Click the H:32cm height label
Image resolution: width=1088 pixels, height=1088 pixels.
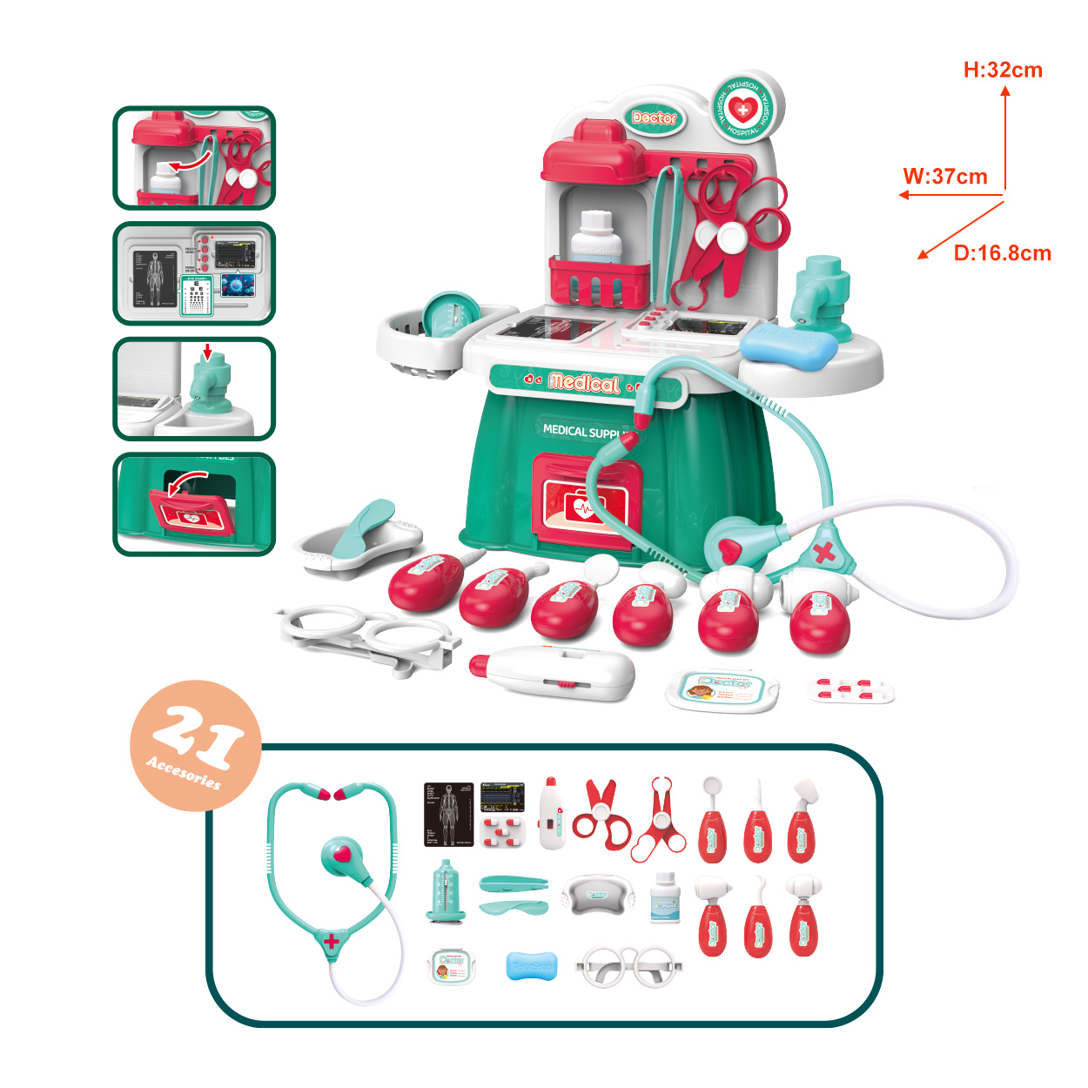tap(1003, 71)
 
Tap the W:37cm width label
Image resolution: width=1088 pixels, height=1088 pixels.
tap(945, 177)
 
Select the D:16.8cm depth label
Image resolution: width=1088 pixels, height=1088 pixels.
tap(1002, 253)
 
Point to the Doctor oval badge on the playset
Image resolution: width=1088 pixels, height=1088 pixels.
tap(654, 118)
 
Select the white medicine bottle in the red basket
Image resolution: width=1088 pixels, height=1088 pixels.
tap(596, 238)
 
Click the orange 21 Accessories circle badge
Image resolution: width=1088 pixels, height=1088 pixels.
tap(195, 745)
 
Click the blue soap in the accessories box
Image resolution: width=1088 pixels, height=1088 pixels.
tap(531, 966)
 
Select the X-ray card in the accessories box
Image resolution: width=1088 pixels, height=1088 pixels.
tap(449, 814)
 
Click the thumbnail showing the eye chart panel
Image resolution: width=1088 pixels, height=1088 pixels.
tap(194, 273)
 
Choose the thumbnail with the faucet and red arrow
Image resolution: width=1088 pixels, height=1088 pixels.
tap(194, 389)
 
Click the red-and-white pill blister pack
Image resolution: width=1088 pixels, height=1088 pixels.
tap(851, 691)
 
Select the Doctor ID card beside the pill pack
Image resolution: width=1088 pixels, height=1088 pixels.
tap(722, 690)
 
